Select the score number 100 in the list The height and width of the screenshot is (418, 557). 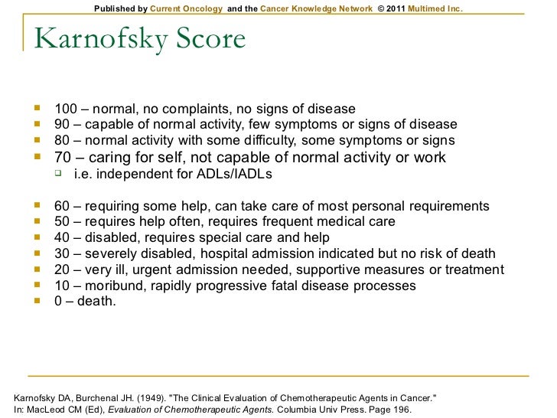(x=65, y=108)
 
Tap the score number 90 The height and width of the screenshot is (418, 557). (x=62, y=124)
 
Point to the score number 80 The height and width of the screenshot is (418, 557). (x=62, y=140)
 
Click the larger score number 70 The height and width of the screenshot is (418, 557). (x=64, y=158)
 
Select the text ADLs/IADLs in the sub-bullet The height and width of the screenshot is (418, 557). (x=234, y=175)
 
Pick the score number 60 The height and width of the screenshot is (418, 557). (x=62, y=206)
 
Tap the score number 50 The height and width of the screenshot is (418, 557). (x=62, y=222)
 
